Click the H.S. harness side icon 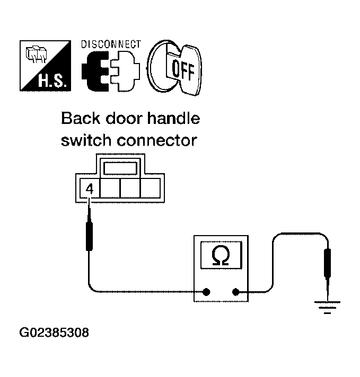(45, 66)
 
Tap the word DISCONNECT (111, 44)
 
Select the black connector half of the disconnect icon (95, 71)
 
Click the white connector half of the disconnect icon (125, 71)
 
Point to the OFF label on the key (183, 69)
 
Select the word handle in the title (173, 118)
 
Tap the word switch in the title (87, 140)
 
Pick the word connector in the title (157, 141)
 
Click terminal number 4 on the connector (90, 189)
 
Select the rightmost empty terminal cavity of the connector (151, 188)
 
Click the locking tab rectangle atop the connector (120, 168)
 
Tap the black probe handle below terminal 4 (90, 236)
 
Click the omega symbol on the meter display (221, 255)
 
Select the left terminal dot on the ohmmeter (206, 292)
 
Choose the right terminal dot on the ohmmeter (235, 292)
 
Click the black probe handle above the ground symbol (327, 263)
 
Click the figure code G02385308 (54, 333)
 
